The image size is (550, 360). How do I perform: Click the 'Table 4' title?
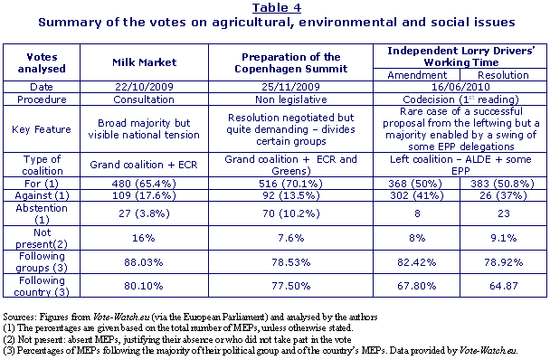pos(277,8)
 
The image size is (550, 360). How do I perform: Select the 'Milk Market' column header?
pos(144,62)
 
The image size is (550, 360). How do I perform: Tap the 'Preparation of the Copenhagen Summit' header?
pos(290,62)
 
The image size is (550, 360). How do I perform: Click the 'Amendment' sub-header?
pos(417,75)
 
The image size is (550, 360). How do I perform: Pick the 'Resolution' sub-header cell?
pos(503,75)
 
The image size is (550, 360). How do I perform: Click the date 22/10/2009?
pos(144,87)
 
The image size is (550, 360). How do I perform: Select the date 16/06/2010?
pos(460,87)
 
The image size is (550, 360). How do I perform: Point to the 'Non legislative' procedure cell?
pos(291,99)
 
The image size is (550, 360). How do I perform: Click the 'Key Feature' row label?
pos(42,129)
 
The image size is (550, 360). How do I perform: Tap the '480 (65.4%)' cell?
pos(144,184)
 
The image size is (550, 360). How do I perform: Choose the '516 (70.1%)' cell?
pos(290,184)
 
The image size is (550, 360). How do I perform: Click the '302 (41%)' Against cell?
pos(417,195)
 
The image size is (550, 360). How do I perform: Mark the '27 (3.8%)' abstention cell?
pos(144,213)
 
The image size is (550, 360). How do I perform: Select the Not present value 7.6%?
pos(290,238)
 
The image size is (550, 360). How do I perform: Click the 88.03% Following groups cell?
pos(144,262)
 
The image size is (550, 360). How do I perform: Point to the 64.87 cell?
pos(504,286)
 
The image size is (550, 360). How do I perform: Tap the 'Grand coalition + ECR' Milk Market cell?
pos(144,165)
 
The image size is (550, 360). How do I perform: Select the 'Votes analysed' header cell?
pos(42,62)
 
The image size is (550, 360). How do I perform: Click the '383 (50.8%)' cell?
pos(504,184)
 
